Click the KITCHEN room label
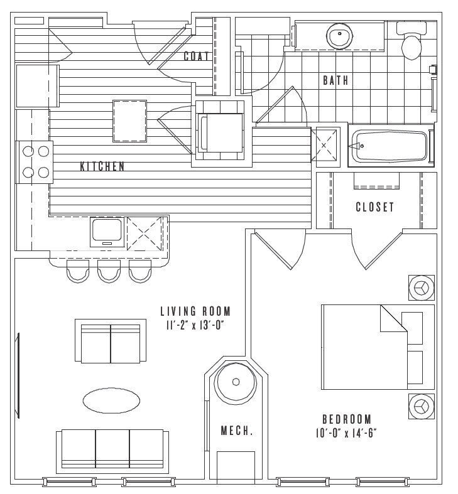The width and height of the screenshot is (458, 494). pos(102,166)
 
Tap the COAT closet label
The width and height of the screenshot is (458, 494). pos(196,56)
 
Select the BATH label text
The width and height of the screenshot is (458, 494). pos(335,80)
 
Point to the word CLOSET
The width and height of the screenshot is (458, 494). pos(375,207)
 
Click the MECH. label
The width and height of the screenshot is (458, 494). pos(237,431)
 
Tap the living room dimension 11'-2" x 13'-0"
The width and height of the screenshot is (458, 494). pos(195,326)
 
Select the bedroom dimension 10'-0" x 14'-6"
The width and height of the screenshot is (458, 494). pos(346,434)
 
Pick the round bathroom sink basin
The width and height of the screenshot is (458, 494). pos(339,36)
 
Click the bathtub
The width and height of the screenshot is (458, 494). pos(391,146)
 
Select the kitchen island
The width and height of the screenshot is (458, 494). pos(129,121)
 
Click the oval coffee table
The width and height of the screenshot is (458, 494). pos(111,400)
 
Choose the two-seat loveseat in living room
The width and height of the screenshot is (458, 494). pos(111,341)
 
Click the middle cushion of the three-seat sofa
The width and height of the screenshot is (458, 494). pos(112,448)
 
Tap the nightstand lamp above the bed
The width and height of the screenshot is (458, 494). pos(422,287)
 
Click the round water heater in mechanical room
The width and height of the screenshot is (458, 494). pos(236,382)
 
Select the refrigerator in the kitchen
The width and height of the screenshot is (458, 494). pos(38,86)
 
